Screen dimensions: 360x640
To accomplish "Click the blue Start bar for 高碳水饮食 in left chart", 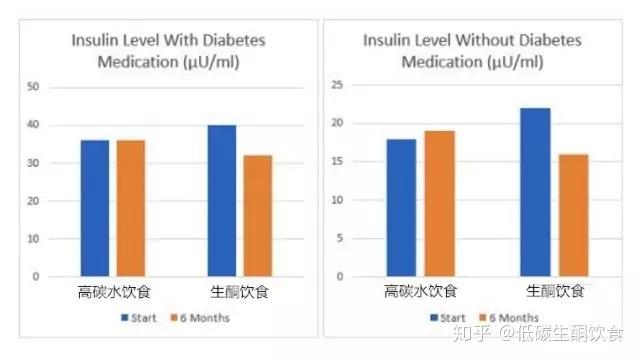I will point(96,208).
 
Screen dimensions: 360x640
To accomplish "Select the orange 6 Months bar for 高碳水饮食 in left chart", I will point(130,208).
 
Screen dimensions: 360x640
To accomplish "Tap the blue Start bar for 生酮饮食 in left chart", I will point(222,200).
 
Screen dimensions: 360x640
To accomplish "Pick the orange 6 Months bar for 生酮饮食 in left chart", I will point(257,215).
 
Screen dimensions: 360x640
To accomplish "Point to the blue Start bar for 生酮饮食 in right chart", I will point(535,192).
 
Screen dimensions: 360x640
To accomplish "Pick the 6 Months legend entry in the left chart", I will point(203,318).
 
